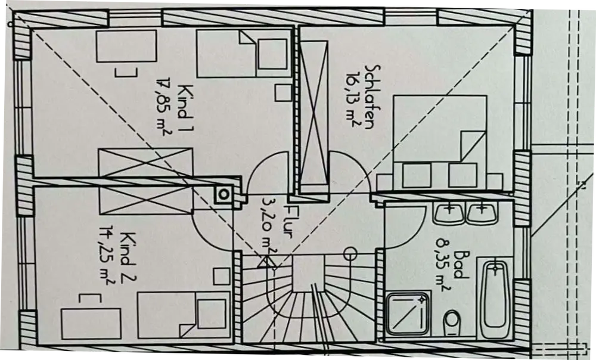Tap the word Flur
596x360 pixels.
pyautogui.click(x=290, y=221)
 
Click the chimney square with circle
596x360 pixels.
pyautogui.click(x=224, y=193)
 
